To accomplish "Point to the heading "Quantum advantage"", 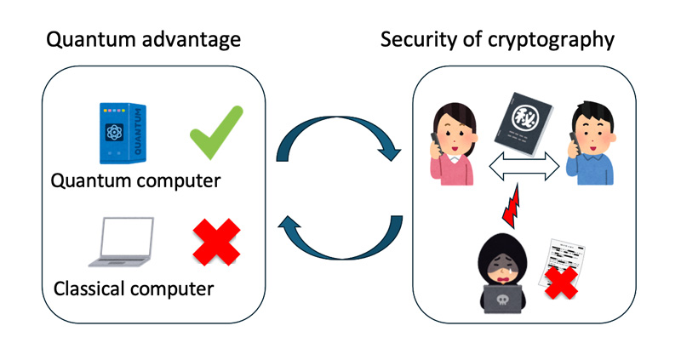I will coord(143,40).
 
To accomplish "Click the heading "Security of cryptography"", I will coord(497,40).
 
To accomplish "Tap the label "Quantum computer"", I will coord(136,181).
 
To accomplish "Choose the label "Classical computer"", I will coord(134,289).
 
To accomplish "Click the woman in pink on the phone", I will coord(452,142).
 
